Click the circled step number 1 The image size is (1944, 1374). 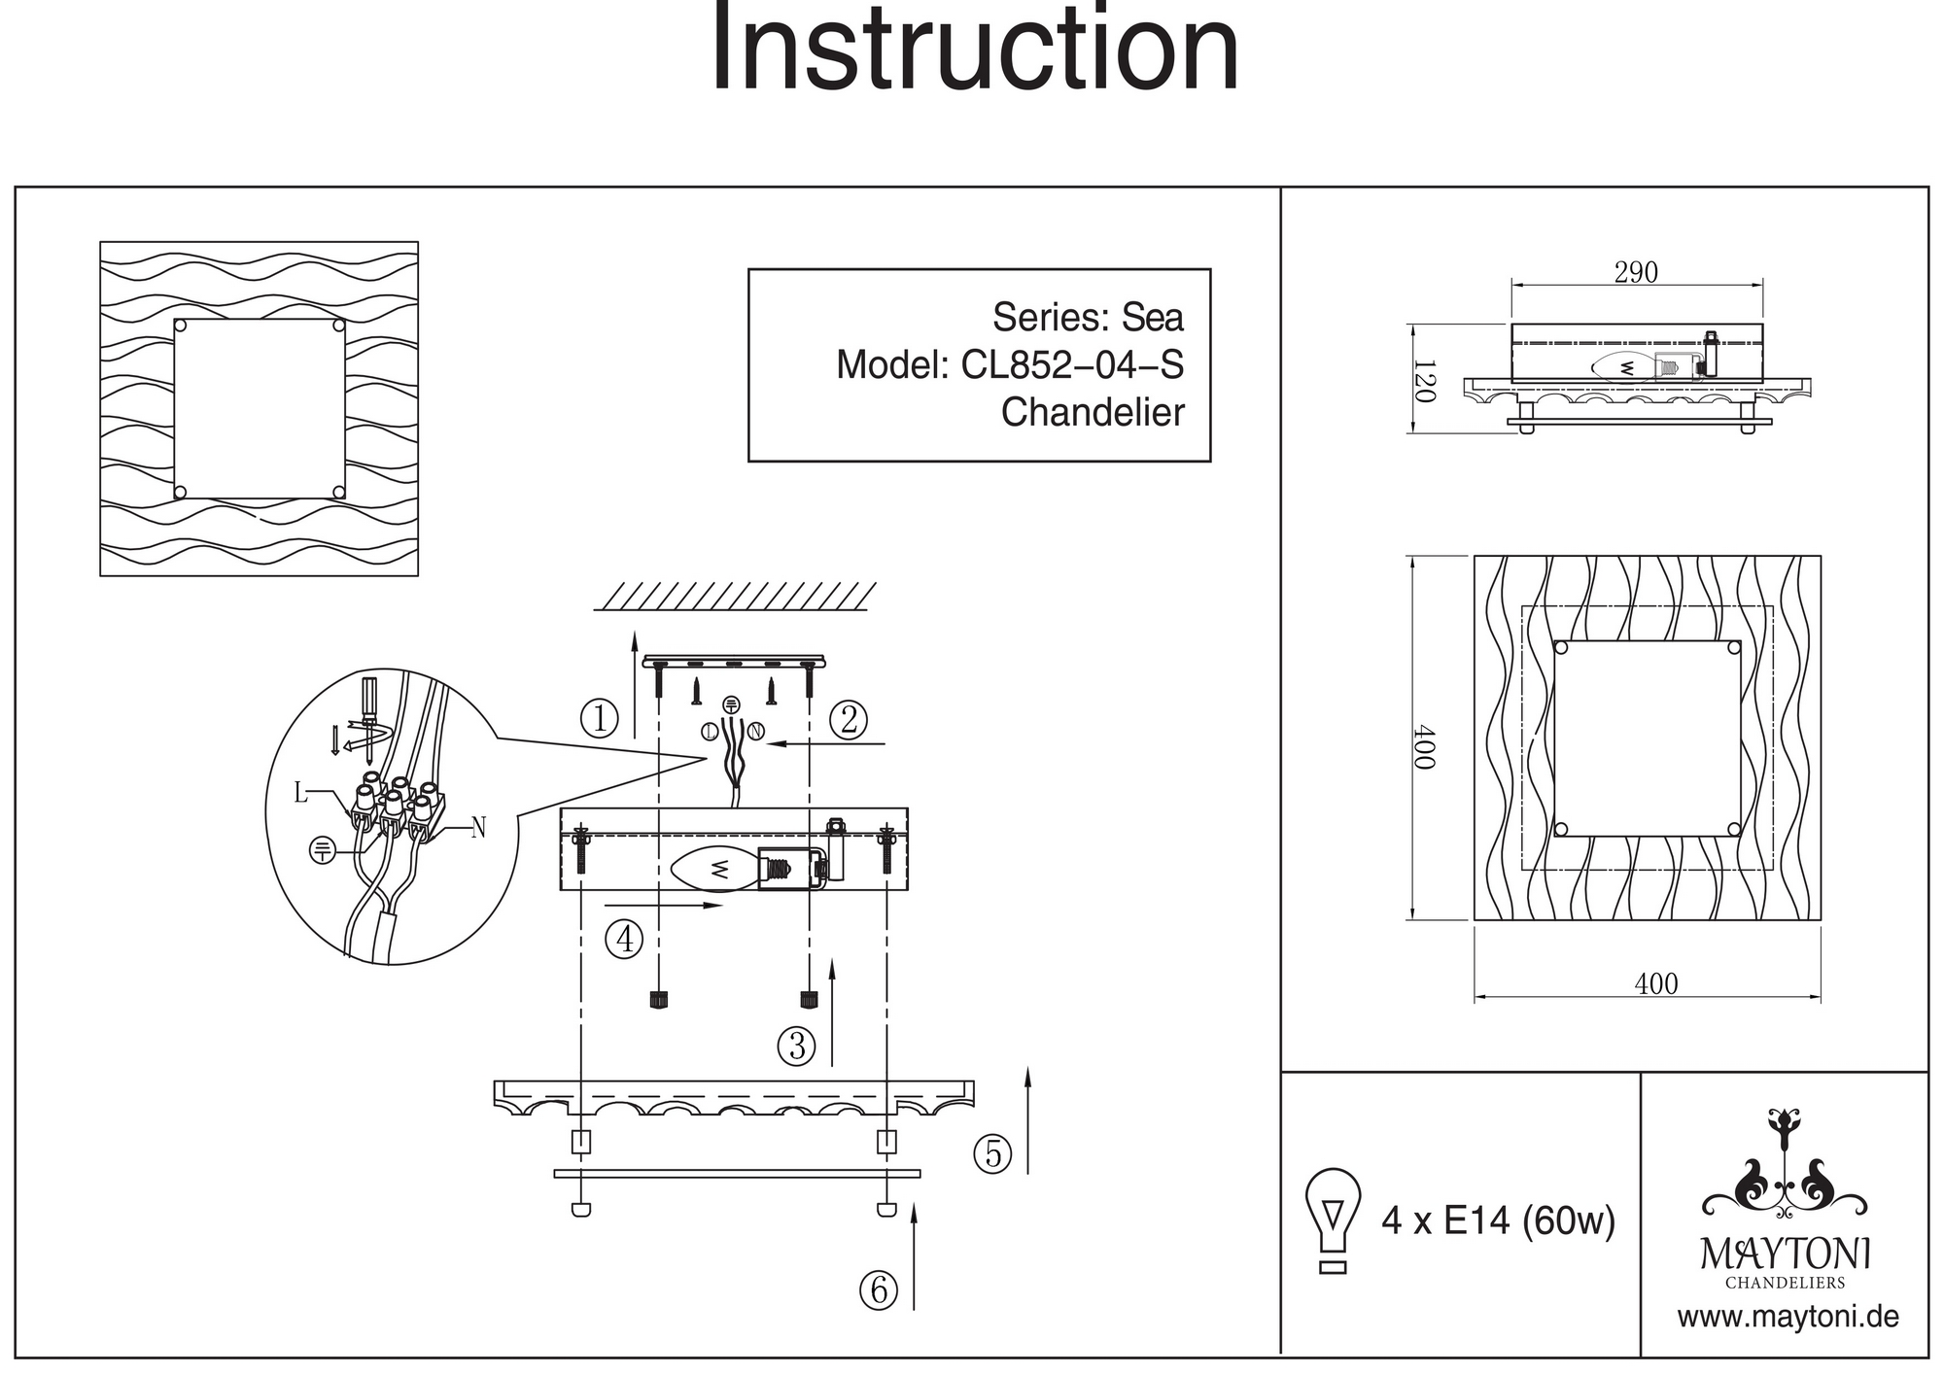pos(600,719)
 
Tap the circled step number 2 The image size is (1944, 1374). pos(849,719)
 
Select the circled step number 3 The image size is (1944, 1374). pos(797,1046)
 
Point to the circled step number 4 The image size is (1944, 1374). pos(624,939)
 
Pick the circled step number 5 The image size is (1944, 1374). pos(992,1153)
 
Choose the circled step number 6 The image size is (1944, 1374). pos(879,1289)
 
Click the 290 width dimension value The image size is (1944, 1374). pos(1636,273)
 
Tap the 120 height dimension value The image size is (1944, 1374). pos(1424,381)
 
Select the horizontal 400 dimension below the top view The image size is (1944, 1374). pos(1655,983)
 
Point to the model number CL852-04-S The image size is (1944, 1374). pos(1072,365)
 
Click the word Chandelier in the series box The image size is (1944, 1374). pos(1093,413)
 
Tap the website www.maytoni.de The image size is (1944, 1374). pos(1788,1318)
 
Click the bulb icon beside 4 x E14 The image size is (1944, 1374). pos(1333,1219)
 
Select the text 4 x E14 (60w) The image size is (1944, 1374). pos(1498,1220)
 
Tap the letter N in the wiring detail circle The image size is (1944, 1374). pos(477,828)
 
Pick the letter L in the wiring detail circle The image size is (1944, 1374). pos(301,794)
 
